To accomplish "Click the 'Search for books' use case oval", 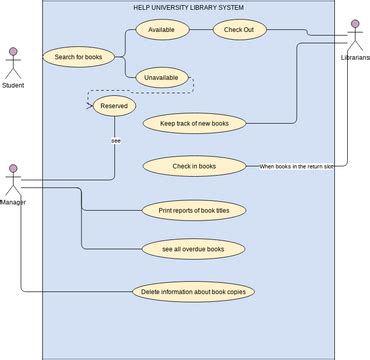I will [x=79, y=57].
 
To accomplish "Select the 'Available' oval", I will [x=161, y=31].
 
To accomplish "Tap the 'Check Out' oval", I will [x=238, y=31].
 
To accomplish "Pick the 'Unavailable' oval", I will [x=161, y=77].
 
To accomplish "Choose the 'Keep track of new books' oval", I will [x=194, y=124].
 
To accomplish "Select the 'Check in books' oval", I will [x=194, y=165].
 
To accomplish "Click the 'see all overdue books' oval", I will [x=194, y=248].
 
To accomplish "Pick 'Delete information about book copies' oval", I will [x=194, y=292].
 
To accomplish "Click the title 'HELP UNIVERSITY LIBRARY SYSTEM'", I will [x=188, y=8].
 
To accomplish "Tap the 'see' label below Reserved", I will [x=115, y=141].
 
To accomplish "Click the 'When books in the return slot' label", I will [x=297, y=166].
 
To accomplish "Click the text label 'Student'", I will [x=13, y=86].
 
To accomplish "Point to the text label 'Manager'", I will [x=13, y=203].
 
